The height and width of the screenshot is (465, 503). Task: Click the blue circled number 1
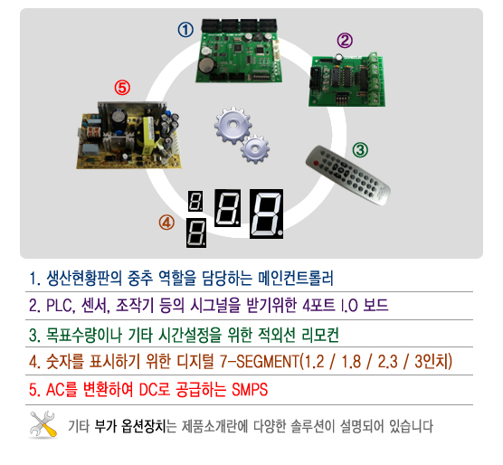(185, 30)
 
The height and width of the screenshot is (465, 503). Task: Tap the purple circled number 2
(345, 41)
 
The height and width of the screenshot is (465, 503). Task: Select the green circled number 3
(360, 150)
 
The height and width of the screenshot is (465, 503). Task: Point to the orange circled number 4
(166, 223)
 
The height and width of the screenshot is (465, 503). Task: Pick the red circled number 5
(122, 88)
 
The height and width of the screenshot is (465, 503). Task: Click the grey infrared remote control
(348, 176)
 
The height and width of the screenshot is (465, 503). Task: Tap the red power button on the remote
(316, 163)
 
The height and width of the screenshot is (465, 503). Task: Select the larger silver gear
(233, 125)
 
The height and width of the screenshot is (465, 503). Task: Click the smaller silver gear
(255, 148)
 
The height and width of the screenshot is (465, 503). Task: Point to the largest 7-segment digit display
(266, 214)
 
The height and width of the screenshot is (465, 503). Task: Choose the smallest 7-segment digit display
(195, 201)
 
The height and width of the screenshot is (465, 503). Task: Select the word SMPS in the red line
(250, 390)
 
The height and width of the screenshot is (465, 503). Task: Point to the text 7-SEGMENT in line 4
(260, 362)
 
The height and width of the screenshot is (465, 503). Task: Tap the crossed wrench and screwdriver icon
(43, 424)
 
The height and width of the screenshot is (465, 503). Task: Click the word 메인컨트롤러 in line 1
(296, 278)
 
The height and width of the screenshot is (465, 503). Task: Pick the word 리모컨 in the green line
(320, 335)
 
